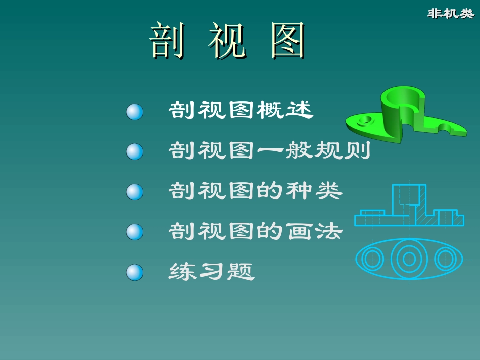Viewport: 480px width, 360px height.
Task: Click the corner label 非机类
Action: coord(451,14)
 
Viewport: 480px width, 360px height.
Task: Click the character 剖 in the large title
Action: coord(167,40)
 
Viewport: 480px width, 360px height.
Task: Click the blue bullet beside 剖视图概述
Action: coord(135,112)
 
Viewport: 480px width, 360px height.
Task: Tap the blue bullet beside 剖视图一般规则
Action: coord(135,151)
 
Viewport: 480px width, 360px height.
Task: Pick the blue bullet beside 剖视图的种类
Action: coord(135,192)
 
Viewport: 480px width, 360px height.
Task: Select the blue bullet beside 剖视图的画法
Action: coord(135,232)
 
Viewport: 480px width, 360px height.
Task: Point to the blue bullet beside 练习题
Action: coord(135,272)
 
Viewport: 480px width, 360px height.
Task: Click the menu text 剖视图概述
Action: coord(241,110)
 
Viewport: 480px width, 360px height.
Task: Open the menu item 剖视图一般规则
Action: coord(269,150)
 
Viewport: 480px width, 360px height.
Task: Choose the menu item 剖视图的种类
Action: coord(256,191)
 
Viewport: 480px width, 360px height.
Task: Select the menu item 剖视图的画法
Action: coord(256,231)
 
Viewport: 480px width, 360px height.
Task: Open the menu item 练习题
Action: coord(212,272)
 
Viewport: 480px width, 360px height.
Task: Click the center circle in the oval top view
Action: coord(409,259)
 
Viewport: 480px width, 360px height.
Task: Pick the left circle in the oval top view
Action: coord(373,259)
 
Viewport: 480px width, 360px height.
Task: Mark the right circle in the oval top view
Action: coord(445,259)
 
